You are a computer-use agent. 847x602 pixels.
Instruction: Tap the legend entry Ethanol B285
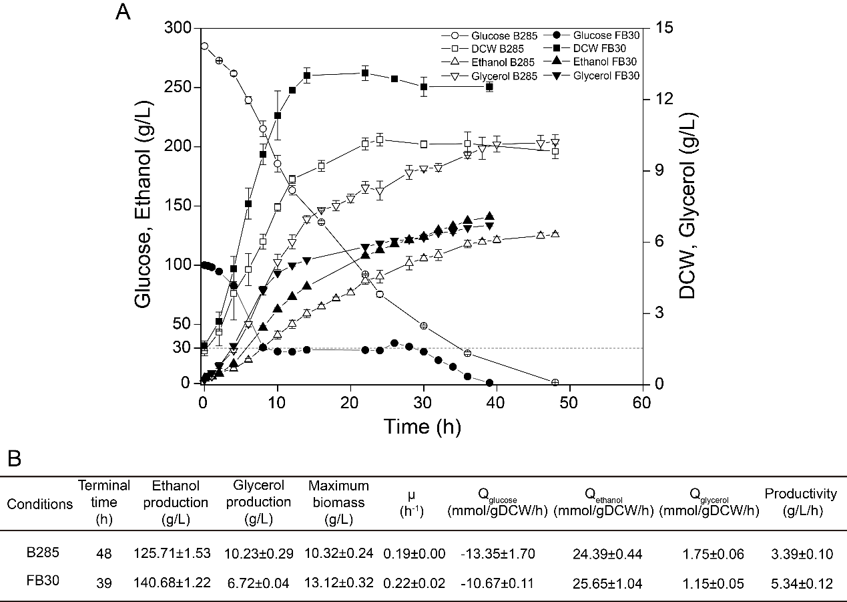(495, 62)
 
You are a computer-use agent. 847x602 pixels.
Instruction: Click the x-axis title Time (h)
(422, 426)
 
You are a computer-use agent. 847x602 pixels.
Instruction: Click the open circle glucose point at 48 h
(555, 382)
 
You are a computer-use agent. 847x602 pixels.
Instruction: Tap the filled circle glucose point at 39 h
(489, 383)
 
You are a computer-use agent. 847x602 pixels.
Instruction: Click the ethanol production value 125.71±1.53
(172, 554)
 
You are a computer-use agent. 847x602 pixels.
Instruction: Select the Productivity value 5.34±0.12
(800, 583)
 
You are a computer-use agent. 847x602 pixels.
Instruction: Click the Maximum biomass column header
(339, 502)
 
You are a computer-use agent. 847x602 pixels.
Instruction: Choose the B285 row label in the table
(40, 553)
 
